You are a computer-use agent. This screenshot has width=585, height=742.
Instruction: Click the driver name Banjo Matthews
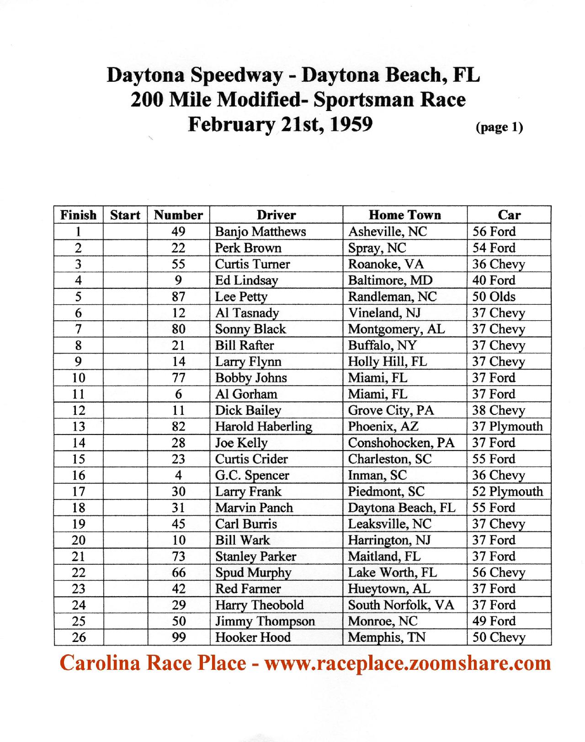pyautogui.click(x=260, y=232)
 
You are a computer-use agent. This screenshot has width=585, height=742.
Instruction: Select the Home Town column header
pyautogui.click(x=404, y=215)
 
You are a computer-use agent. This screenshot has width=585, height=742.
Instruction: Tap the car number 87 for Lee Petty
pyautogui.click(x=178, y=297)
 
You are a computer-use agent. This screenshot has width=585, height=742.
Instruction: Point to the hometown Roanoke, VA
pyautogui.click(x=386, y=264)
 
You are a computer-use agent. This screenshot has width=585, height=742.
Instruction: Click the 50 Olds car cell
pyautogui.click(x=494, y=297)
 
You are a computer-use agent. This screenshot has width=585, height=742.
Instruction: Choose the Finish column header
pyautogui.click(x=79, y=215)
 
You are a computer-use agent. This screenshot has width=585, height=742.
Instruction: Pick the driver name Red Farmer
pyautogui.click(x=248, y=589)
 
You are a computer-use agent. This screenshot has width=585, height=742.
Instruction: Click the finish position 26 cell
pyautogui.click(x=79, y=637)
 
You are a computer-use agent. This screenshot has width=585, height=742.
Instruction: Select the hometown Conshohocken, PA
pyautogui.click(x=401, y=443)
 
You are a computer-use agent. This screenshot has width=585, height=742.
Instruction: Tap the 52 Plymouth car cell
pyautogui.click(x=507, y=492)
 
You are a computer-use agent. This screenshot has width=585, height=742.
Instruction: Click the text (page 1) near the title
pyautogui.click(x=499, y=127)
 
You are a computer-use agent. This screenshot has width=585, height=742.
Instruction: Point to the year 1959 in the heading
pyautogui.click(x=351, y=124)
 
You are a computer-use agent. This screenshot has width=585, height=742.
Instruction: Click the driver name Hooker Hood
pyautogui.click(x=253, y=637)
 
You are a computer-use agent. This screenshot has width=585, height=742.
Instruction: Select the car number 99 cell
pyautogui.click(x=178, y=637)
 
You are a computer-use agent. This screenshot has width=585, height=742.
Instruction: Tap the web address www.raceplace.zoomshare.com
pyautogui.click(x=408, y=663)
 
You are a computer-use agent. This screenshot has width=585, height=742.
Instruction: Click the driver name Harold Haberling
pyautogui.click(x=264, y=427)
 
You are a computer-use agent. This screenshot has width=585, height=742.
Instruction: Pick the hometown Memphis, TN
pyautogui.click(x=386, y=637)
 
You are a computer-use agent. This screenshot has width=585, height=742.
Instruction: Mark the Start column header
pyautogui.click(x=125, y=215)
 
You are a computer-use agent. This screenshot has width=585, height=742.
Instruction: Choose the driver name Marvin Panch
pyautogui.click(x=254, y=508)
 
